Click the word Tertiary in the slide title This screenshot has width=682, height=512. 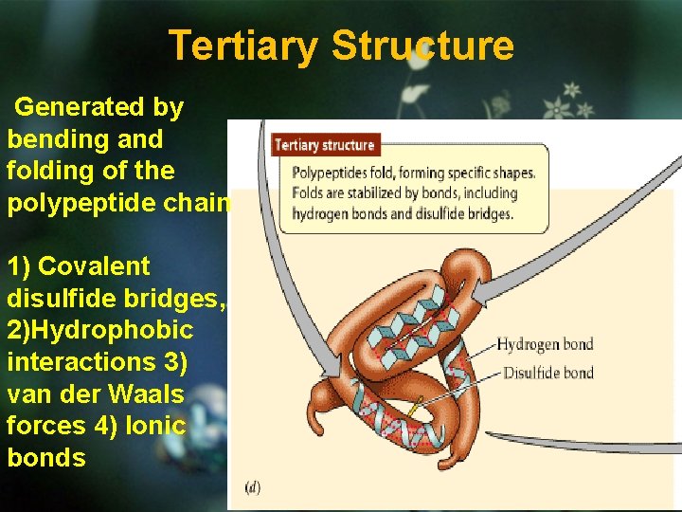pos(242,46)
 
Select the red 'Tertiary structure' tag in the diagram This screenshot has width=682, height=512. pos(325,145)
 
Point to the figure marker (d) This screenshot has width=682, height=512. pos(253,487)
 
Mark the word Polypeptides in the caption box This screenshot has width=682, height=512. pos(334,174)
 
